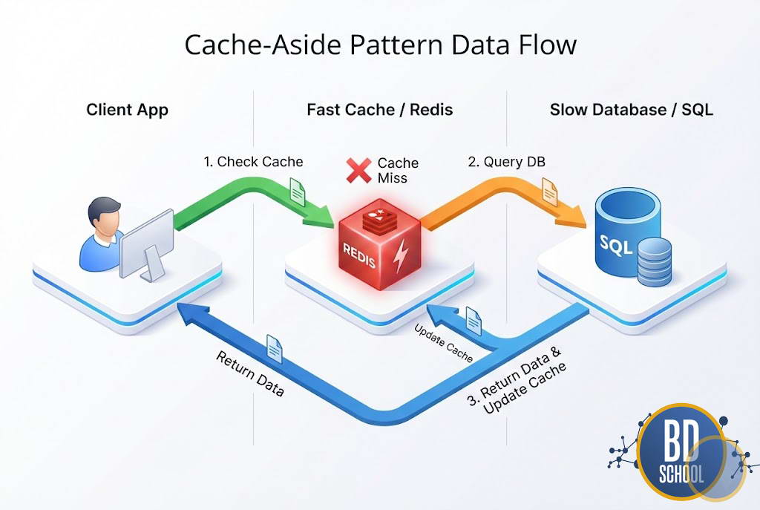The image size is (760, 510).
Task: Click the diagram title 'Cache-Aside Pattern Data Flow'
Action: (x=380, y=45)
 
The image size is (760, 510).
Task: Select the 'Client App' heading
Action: (x=127, y=110)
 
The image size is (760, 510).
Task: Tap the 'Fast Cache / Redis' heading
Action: (x=379, y=110)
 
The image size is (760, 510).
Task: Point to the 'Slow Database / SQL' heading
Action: (x=631, y=110)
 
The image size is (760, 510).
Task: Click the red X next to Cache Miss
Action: (x=359, y=170)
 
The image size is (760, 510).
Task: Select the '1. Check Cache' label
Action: (x=253, y=161)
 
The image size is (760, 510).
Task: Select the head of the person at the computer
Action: (x=102, y=216)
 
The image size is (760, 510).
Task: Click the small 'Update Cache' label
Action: (x=443, y=343)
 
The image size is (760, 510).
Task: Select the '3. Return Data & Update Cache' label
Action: (x=517, y=388)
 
